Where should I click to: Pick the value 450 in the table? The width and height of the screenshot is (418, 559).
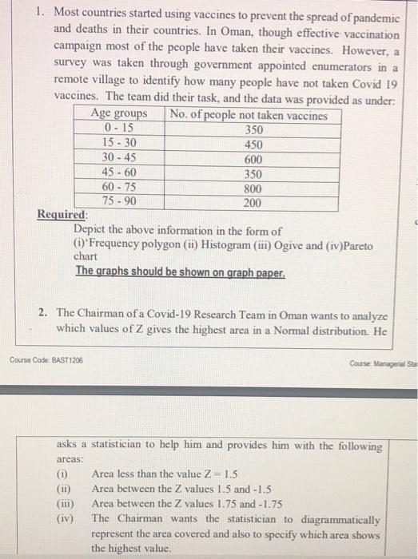(253, 145)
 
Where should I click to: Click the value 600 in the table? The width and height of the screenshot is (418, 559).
(253, 159)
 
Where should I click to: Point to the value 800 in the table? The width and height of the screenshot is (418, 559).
(253, 188)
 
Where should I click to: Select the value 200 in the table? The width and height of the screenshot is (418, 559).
(253, 203)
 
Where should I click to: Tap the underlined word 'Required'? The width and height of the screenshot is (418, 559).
(62, 216)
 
